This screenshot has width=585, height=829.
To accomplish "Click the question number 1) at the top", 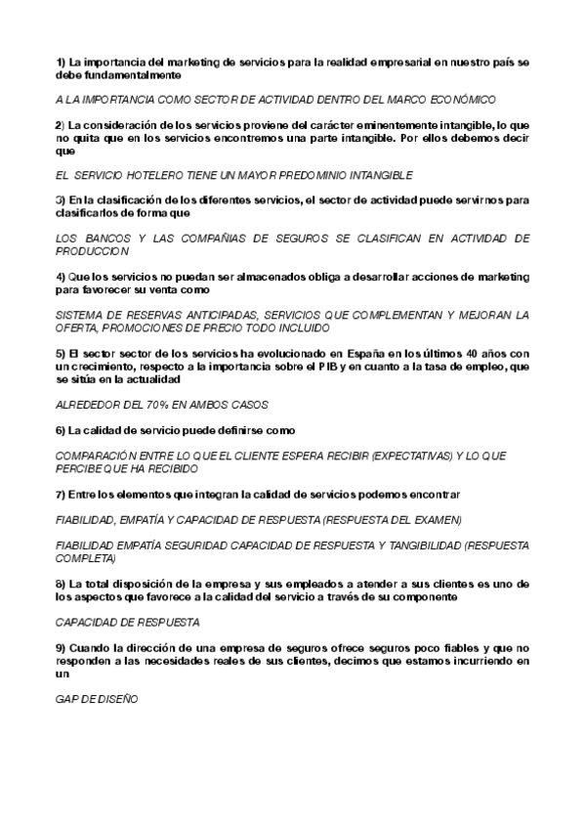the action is pyautogui.click(x=61, y=62).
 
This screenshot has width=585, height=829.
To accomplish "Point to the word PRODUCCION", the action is pyautogui.click(x=94, y=251).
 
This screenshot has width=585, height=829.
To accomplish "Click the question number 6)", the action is pyautogui.click(x=61, y=430).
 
